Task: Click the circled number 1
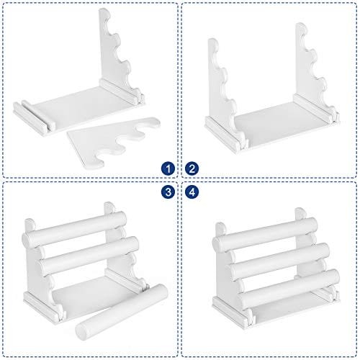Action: point(167,168)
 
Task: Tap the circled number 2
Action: point(192,168)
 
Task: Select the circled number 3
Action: point(167,192)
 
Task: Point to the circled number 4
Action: point(192,192)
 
